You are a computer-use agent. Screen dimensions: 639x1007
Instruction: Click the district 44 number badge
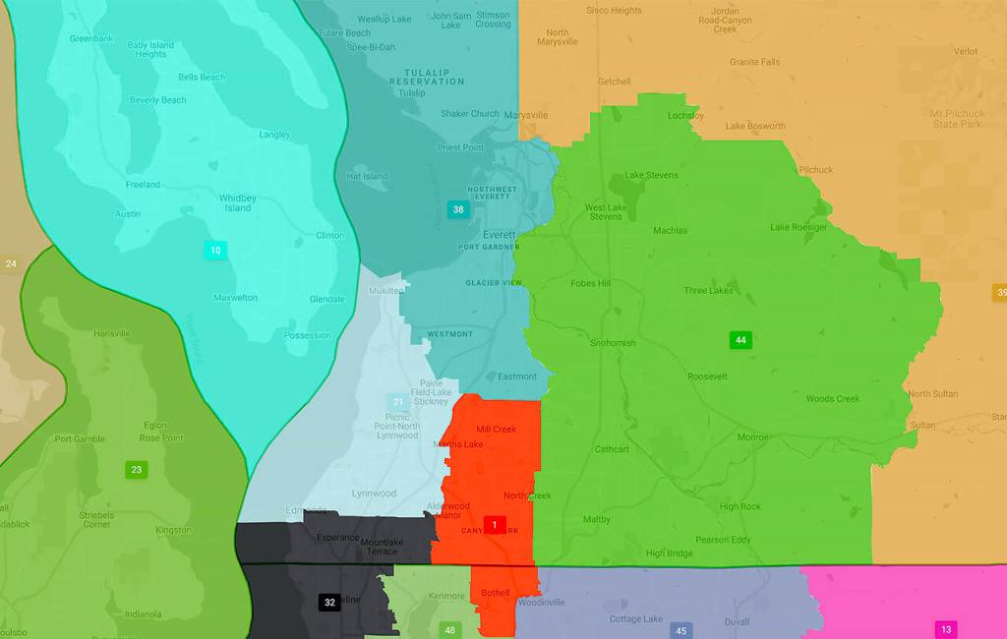740,340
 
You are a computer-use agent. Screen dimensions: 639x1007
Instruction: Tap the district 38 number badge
458,209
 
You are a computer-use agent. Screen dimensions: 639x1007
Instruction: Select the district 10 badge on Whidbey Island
215,251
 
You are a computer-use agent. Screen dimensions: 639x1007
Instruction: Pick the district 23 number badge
136,470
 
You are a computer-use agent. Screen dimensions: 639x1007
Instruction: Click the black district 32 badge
329,602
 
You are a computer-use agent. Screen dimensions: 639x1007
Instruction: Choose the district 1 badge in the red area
494,524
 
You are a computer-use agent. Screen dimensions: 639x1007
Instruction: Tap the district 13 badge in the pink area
946,629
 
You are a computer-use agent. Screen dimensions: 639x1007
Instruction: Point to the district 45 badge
681,630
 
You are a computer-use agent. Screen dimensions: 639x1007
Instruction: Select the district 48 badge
449,630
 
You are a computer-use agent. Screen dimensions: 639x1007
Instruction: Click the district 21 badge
398,402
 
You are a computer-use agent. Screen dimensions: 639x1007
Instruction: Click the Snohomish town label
613,343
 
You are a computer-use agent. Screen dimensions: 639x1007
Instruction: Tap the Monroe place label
753,436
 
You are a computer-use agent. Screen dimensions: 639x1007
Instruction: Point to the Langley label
274,135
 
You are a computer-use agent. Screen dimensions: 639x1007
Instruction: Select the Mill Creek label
496,430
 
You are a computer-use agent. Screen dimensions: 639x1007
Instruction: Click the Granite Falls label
755,62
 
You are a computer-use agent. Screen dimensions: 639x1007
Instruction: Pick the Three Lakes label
708,291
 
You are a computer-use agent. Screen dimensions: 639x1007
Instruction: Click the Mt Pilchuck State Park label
957,119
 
